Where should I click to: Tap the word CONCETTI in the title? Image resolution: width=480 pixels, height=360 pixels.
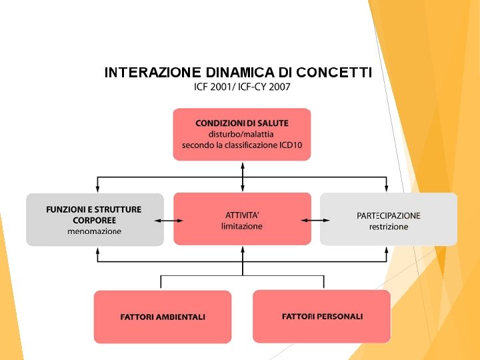[x=334, y=73]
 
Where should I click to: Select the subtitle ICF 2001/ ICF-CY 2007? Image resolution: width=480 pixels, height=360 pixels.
[x=242, y=87]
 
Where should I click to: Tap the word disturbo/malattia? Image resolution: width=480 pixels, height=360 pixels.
[x=242, y=134]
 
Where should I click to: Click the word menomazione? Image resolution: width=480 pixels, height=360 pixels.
[x=95, y=231]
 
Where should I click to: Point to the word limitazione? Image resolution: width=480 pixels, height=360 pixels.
[x=242, y=226]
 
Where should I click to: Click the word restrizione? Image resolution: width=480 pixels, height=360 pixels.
[x=389, y=227]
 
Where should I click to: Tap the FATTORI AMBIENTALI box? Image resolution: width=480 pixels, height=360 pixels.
[x=163, y=317]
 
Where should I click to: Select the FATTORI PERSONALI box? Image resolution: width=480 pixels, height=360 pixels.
[x=322, y=316]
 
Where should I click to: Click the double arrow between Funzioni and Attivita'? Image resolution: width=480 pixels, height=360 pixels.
[x=169, y=219]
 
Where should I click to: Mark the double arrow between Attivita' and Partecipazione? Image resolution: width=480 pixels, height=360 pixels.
[x=315, y=219]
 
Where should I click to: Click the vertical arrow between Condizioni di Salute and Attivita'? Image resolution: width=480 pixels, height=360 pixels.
[x=243, y=177]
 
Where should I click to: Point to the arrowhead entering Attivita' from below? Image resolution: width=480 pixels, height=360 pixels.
[x=243, y=250]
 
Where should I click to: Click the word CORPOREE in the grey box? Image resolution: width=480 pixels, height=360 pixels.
[x=95, y=220]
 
